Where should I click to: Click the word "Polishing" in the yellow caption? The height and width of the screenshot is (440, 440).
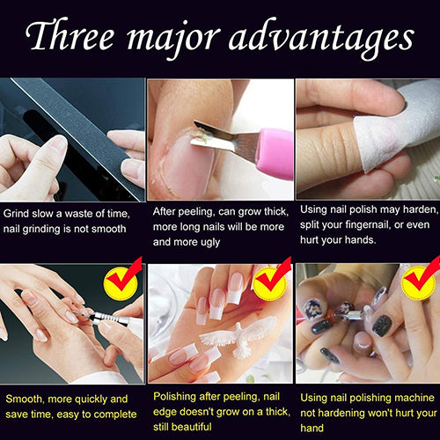point(179,399)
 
